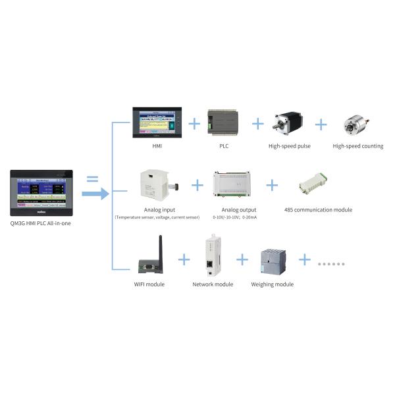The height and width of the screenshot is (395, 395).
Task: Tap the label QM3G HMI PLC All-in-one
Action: tap(41, 223)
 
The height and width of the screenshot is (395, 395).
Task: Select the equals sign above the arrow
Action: tap(93, 178)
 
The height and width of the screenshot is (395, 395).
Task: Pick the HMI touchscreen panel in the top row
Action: tap(155, 122)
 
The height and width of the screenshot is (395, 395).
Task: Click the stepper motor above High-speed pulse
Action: tap(288, 122)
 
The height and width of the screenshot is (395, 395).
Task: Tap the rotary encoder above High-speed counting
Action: tap(355, 124)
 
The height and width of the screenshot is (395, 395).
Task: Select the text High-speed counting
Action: tap(357, 146)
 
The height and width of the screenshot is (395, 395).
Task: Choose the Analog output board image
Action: tap(234, 184)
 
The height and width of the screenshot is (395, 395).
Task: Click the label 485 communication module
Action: tap(318, 210)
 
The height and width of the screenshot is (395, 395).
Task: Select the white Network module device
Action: tap(211, 256)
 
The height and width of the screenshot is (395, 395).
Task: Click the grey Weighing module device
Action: tap(272, 262)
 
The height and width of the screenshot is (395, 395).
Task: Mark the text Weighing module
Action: tap(272, 284)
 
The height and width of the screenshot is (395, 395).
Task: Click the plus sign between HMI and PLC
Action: tap(194, 123)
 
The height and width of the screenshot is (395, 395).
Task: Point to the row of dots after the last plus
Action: tap(331, 263)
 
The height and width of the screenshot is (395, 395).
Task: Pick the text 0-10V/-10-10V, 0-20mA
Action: tap(235, 217)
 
